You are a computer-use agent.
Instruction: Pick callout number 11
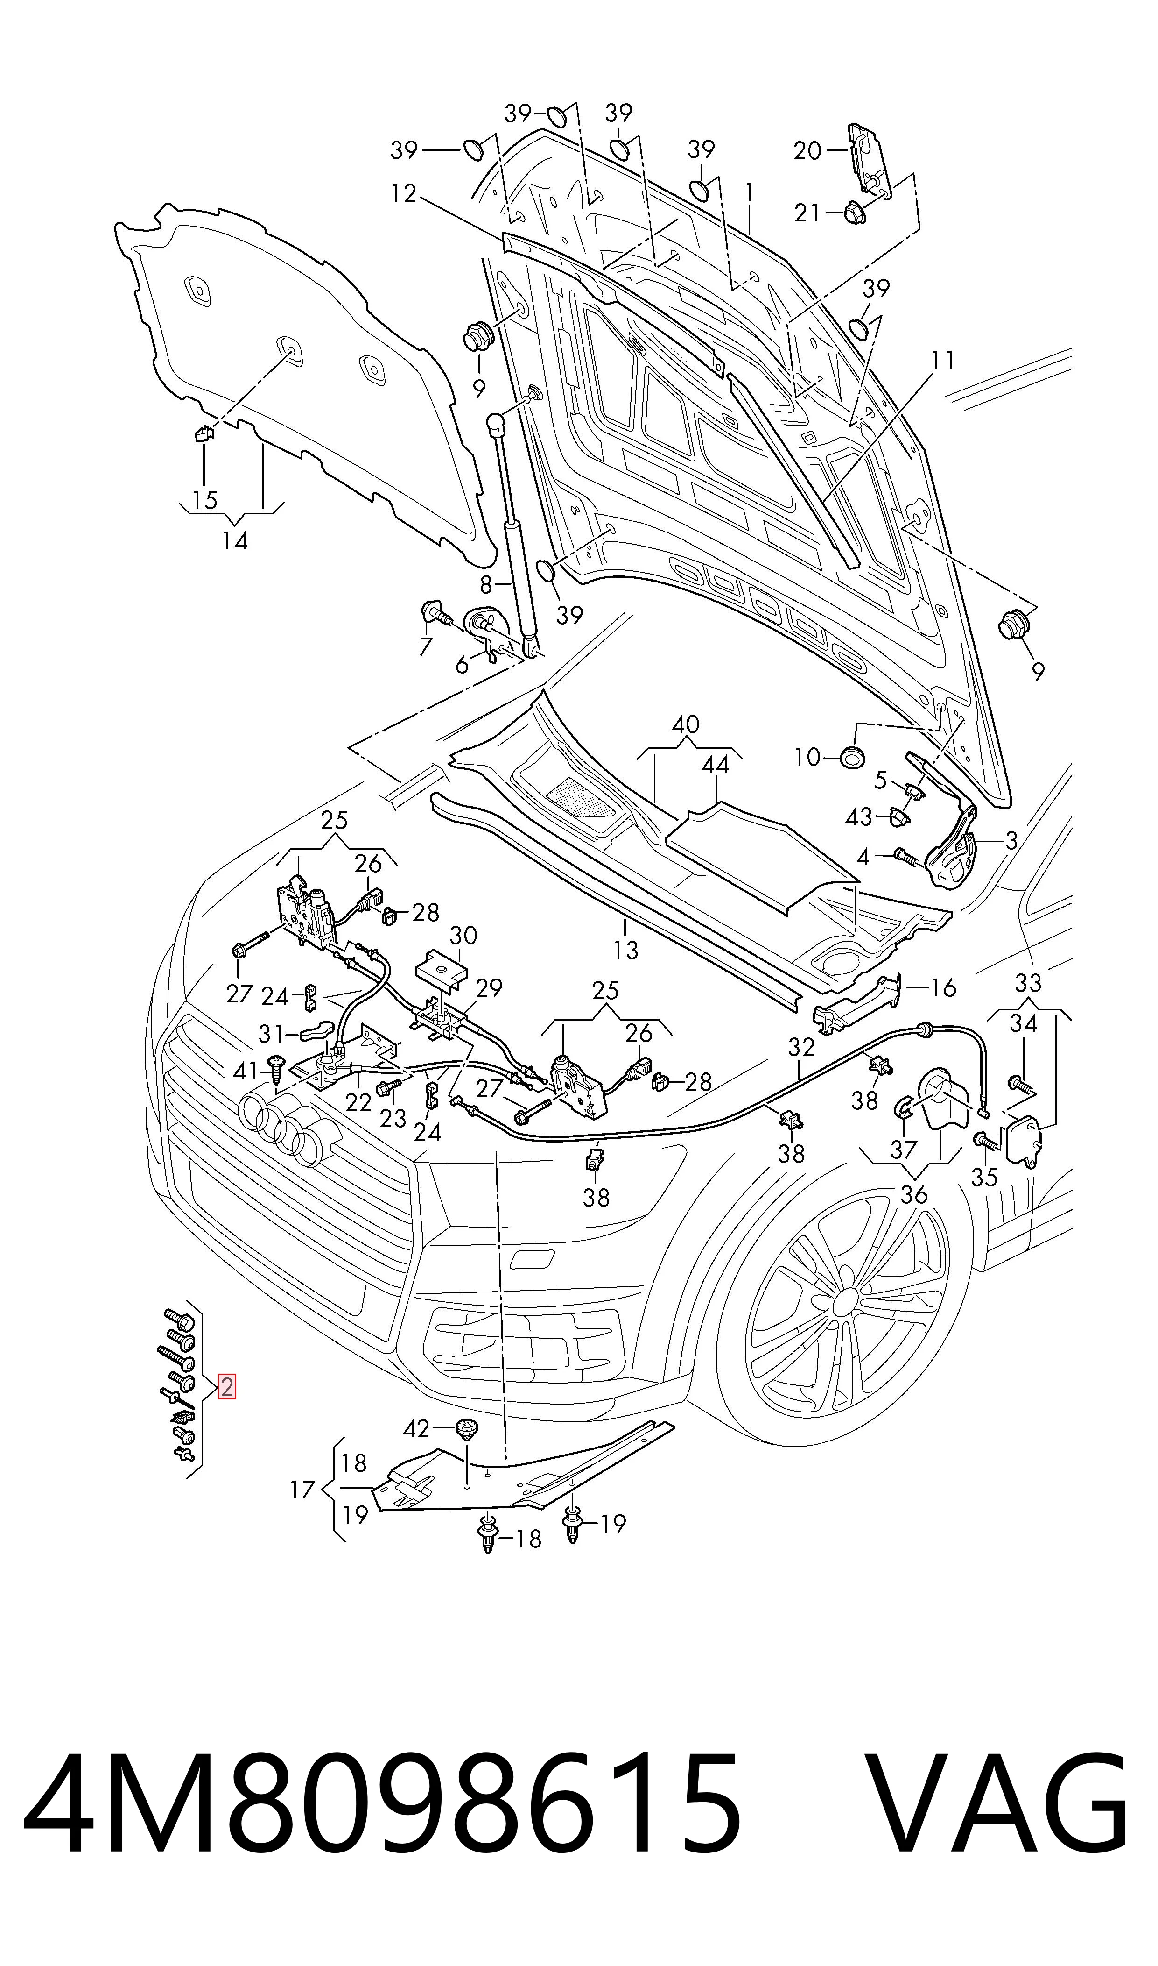(943, 360)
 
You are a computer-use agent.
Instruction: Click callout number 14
(235, 540)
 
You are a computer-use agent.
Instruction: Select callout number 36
(914, 1194)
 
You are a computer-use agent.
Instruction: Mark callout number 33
(1028, 982)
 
